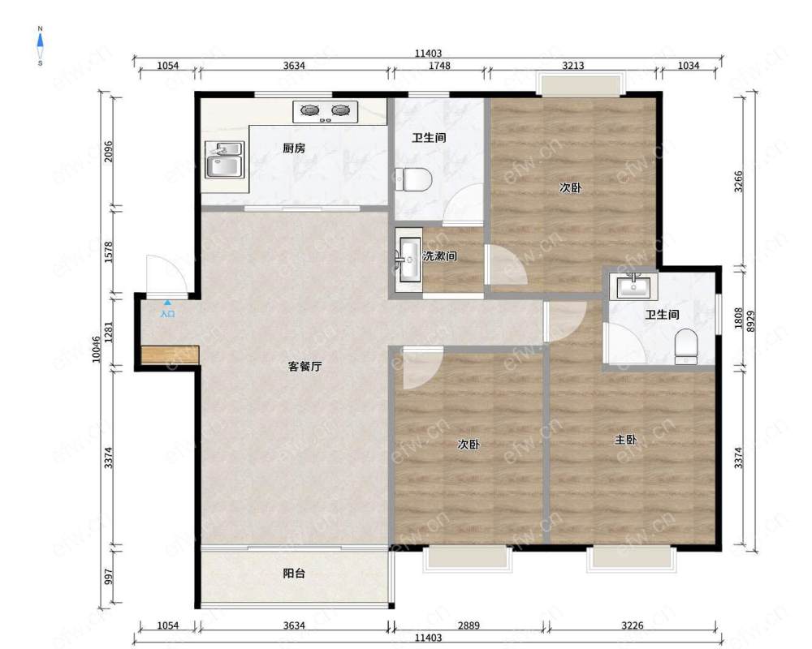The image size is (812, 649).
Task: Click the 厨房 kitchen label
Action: tap(294, 148)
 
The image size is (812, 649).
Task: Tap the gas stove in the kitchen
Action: tap(326, 112)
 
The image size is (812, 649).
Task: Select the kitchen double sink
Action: tap(224, 159)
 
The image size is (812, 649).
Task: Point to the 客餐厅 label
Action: tap(304, 367)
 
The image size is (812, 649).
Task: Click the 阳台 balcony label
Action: tap(294, 574)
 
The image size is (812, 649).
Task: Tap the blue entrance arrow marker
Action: tap(167, 303)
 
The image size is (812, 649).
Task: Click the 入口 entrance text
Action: tap(167, 314)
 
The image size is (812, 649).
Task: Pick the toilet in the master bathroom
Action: tap(687, 346)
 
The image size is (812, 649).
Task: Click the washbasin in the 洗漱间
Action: tap(409, 260)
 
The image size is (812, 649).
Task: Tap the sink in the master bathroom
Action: tap(633, 286)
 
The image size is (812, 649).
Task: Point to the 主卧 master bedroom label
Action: tap(625, 440)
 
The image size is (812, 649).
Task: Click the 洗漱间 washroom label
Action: tap(439, 256)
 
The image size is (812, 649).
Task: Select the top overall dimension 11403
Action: tap(428, 53)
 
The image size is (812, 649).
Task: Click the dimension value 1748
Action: tap(439, 66)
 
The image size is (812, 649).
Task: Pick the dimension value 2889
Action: tap(469, 625)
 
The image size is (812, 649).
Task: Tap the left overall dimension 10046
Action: tap(97, 350)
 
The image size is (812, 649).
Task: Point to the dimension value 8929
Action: tap(751, 320)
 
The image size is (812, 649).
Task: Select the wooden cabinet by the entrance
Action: tap(170, 355)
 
